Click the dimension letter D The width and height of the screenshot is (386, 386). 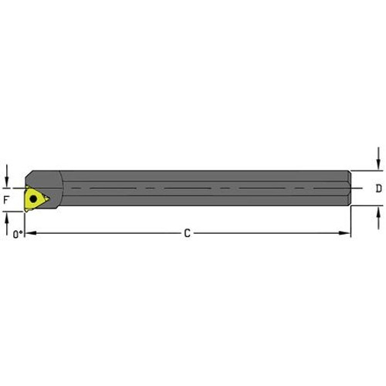[x=378, y=188]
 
